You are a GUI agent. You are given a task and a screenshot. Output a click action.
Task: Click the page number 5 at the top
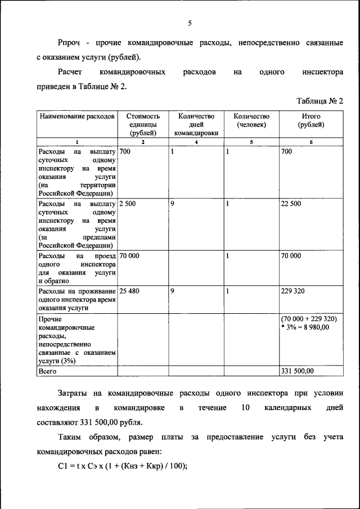point(190,24)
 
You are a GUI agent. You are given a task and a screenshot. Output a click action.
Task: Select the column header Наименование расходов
point(76,116)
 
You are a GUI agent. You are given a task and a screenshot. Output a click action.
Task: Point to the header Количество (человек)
point(251,120)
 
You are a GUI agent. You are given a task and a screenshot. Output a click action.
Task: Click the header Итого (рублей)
point(310,120)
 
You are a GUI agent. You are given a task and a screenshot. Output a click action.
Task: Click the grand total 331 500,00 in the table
point(298,371)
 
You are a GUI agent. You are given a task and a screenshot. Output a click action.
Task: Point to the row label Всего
point(48,371)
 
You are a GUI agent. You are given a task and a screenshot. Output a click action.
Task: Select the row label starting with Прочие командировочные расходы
point(76,340)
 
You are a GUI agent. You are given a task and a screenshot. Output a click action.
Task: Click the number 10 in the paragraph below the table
point(244,407)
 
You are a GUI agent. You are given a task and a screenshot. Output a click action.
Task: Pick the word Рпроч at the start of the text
point(70,42)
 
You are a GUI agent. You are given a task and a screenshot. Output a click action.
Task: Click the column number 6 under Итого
point(310,142)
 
